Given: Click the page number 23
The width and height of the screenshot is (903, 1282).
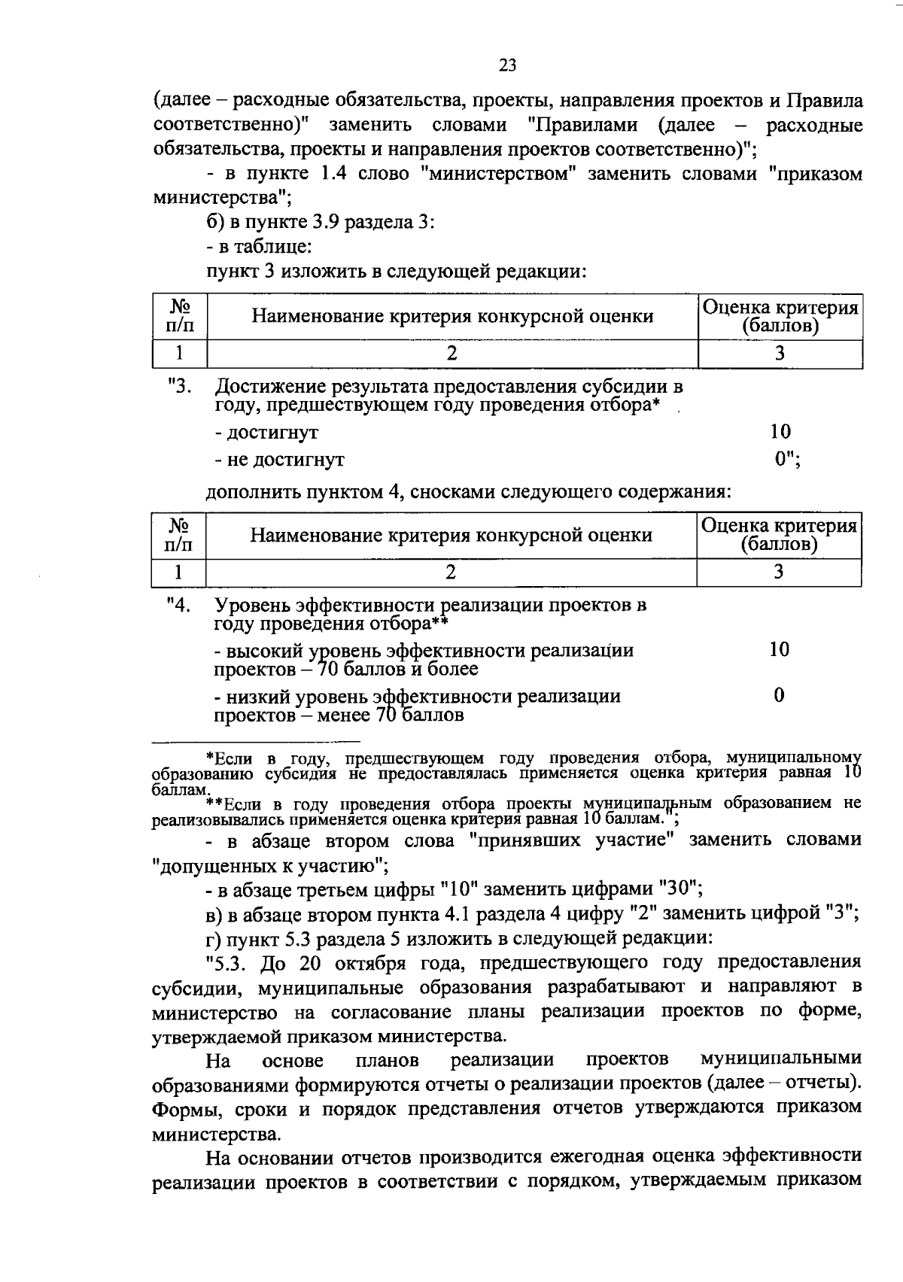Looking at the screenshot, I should coord(507,65).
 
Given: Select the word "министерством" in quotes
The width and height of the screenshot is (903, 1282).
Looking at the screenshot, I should coord(498,174).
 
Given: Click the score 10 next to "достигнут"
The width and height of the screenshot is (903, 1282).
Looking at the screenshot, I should coord(780,431).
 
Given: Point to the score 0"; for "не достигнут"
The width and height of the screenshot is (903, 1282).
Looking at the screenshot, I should coord(787,457).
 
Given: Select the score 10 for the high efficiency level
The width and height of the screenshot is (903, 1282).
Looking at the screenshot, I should coord(779,649).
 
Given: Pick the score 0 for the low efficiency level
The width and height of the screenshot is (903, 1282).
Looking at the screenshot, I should coord(779,695).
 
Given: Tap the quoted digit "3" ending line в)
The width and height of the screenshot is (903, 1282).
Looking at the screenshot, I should coord(841,913).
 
